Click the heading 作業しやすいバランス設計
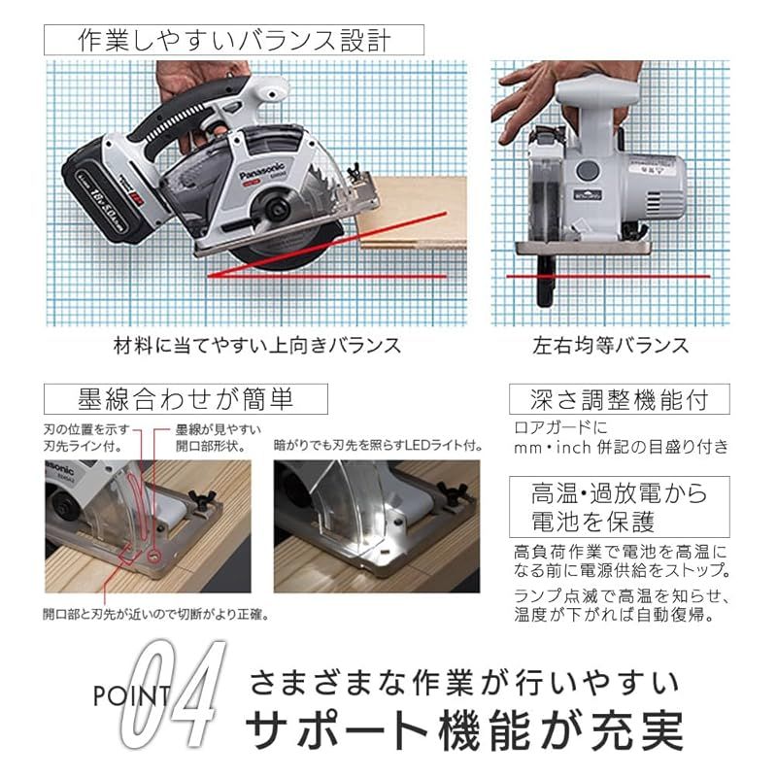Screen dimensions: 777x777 (234, 40)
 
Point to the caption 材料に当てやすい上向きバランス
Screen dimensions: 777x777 (256, 346)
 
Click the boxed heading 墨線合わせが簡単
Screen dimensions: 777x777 (186, 398)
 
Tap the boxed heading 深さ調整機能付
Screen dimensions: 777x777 (618, 399)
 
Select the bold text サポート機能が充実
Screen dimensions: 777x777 (464, 729)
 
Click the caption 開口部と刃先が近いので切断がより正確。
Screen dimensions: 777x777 (155, 614)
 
